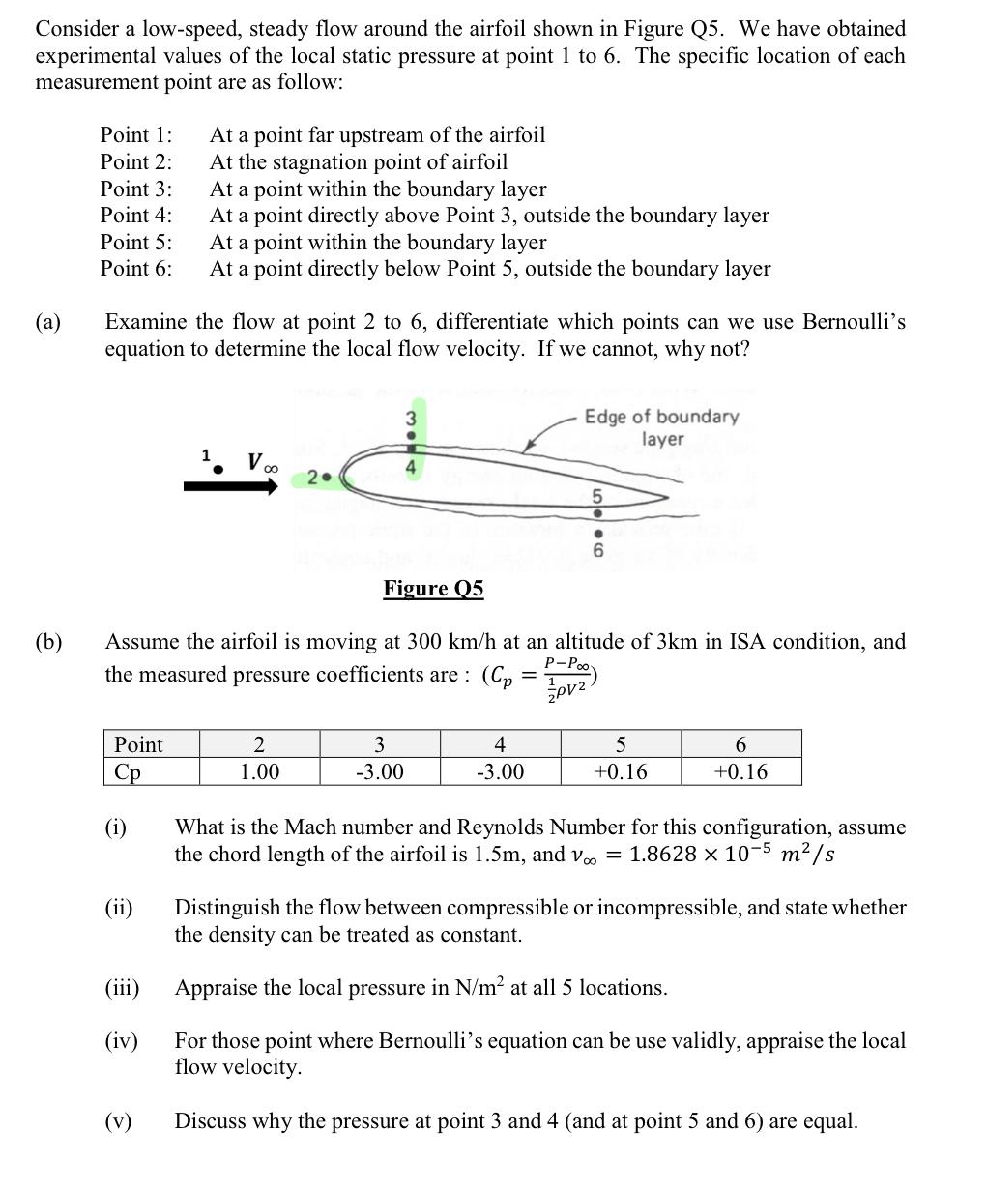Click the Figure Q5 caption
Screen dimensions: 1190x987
click(x=432, y=589)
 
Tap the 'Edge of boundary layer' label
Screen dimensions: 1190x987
click(x=661, y=427)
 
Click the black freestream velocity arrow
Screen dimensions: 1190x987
click(x=230, y=487)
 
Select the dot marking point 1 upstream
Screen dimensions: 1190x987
click(x=218, y=469)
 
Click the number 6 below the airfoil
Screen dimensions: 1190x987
click(x=597, y=551)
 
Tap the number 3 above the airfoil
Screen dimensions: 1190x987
click(x=410, y=419)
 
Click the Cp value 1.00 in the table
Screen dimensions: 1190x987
click(x=259, y=772)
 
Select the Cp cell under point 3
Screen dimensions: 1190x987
click(x=379, y=772)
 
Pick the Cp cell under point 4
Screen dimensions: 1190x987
click(x=500, y=772)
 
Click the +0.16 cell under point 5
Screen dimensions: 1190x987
click(x=620, y=772)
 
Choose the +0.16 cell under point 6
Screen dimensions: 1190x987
click(x=740, y=772)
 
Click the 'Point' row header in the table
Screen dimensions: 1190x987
click(x=139, y=744)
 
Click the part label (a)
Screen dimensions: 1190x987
click(x=48, y=322)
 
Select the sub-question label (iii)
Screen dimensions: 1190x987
click(x=122, y=988)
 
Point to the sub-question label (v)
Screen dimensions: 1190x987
click(x=118, y=1121)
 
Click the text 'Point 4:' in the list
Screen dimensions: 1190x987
click(x=136, y=216)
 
